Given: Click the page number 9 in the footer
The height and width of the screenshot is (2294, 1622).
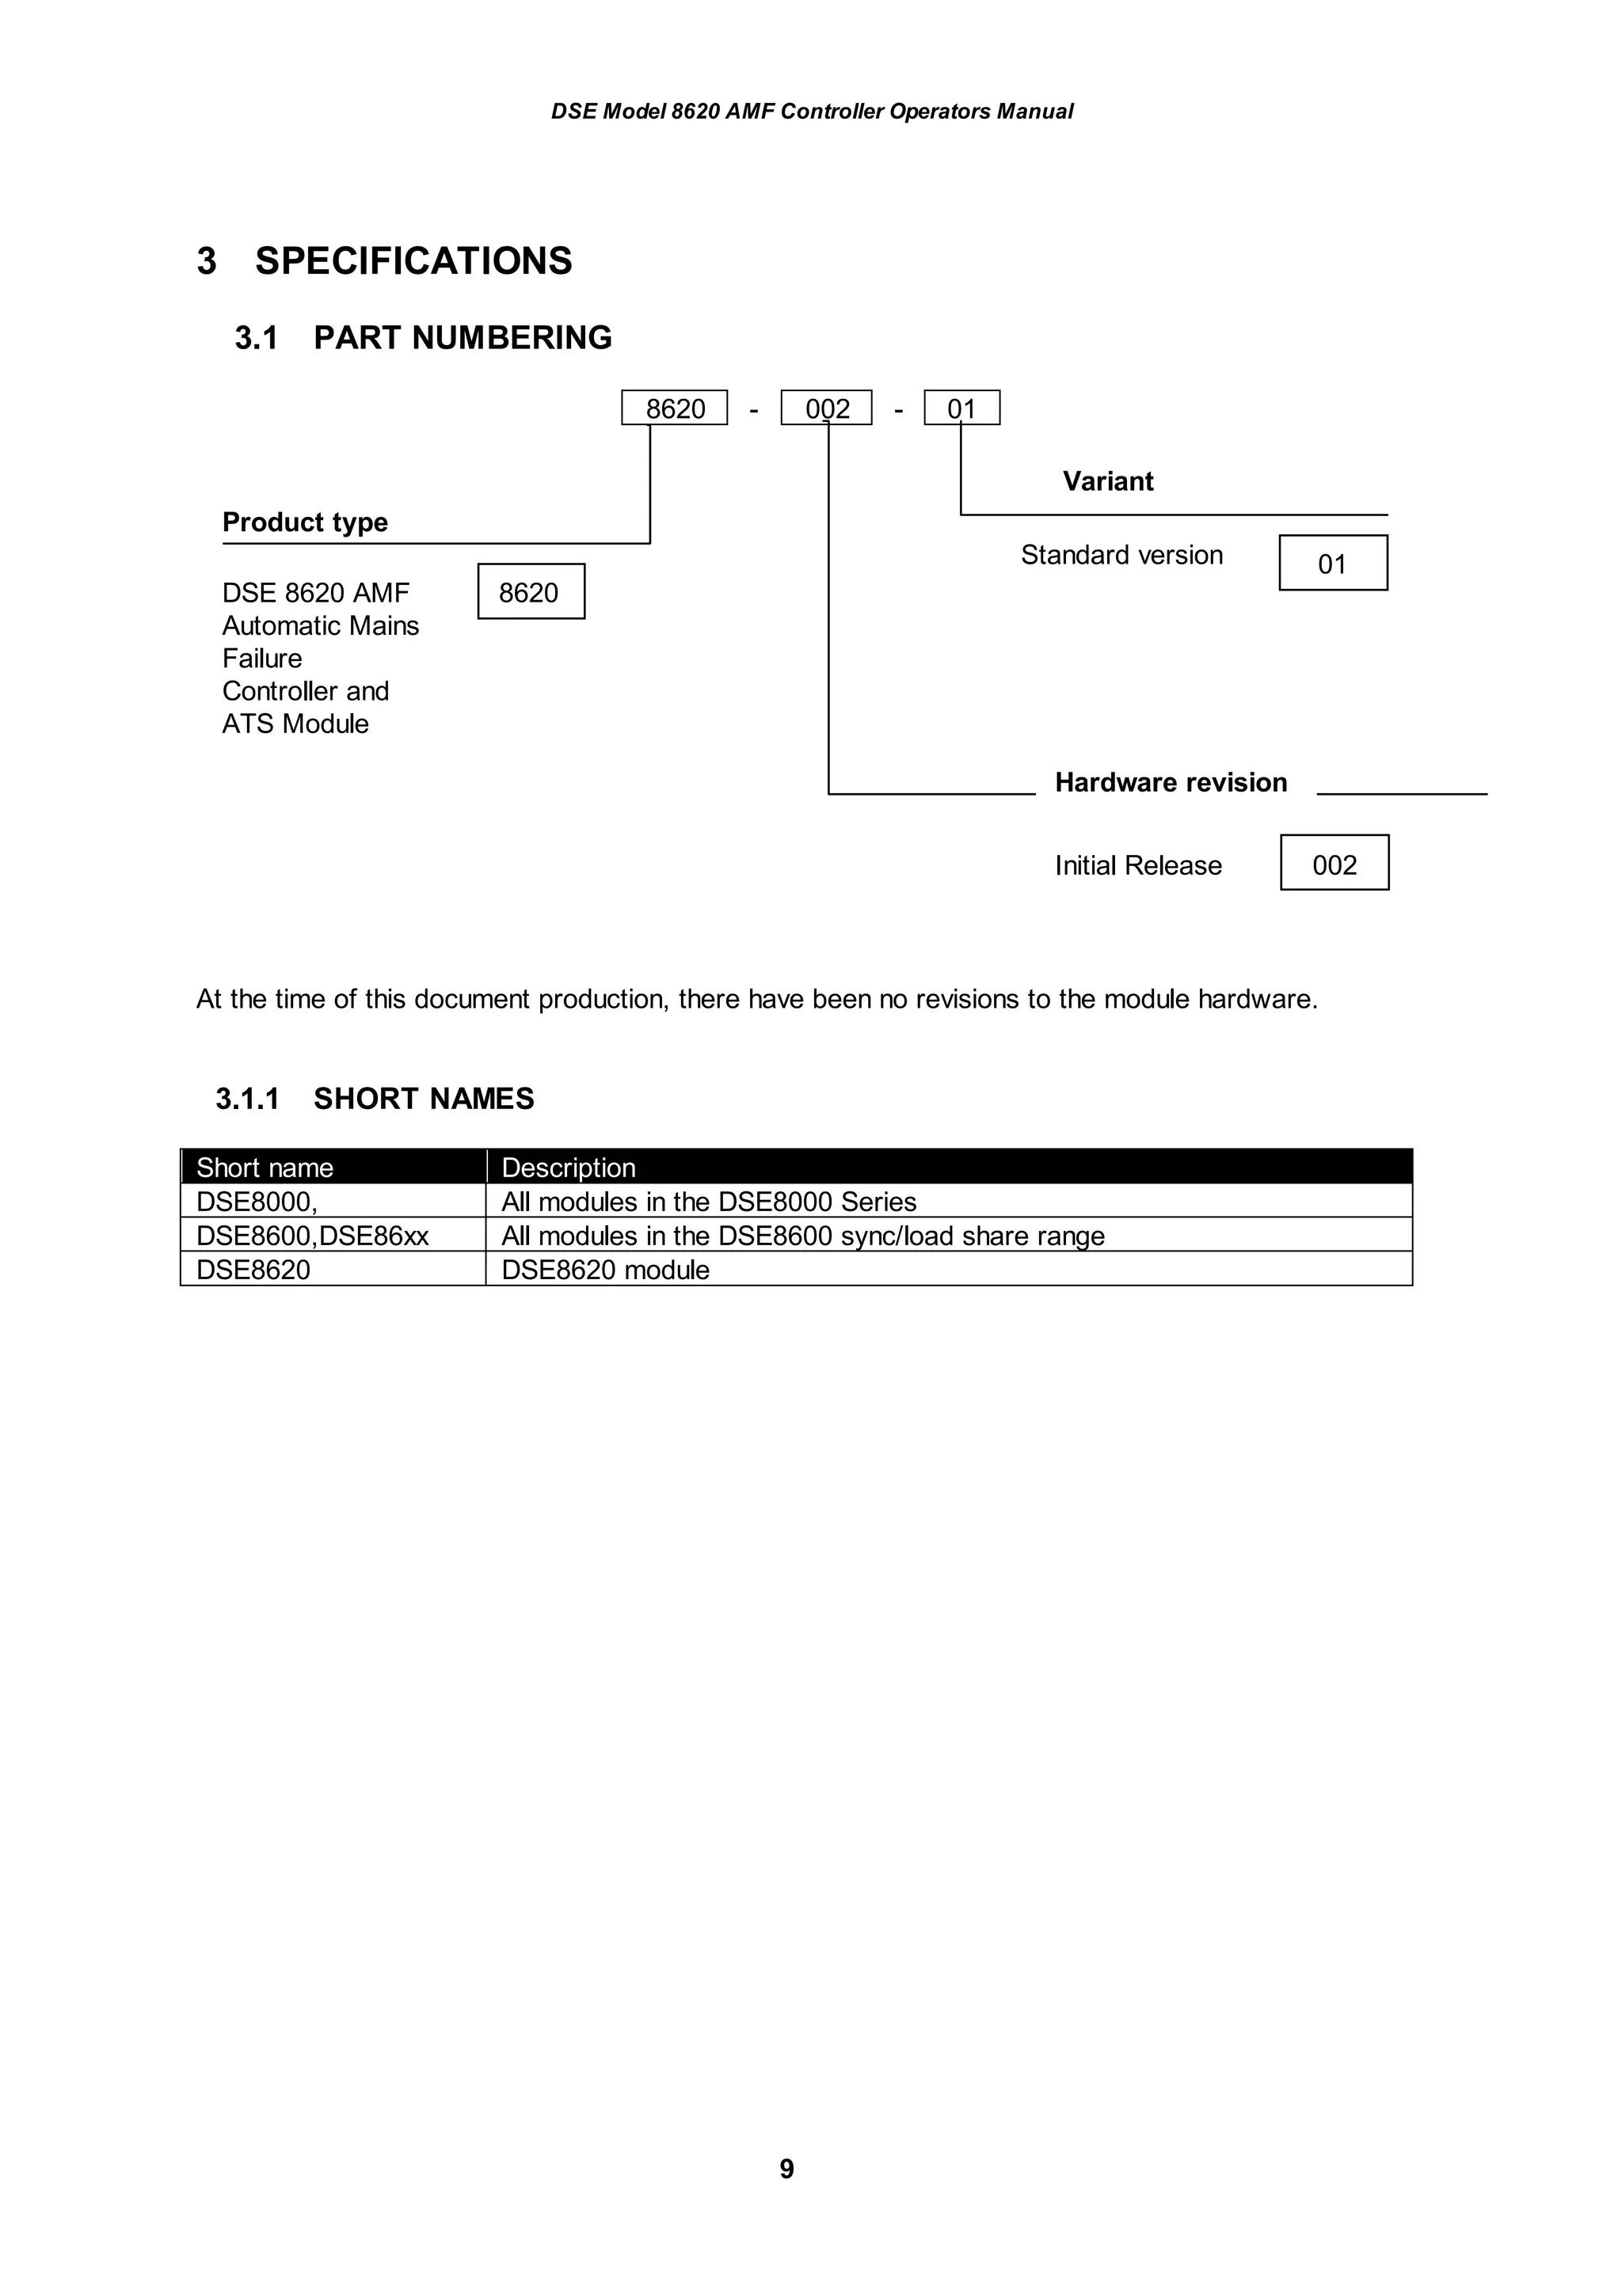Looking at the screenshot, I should click(786, 2168).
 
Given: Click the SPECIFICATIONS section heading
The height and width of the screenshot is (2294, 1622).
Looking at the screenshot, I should click(413, 260).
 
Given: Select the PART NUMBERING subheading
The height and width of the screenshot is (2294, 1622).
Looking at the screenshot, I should click(462, 338).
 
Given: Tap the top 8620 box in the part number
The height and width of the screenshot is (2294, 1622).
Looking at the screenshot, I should click(675, 408).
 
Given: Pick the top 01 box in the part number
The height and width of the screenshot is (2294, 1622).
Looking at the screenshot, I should click(961, 408).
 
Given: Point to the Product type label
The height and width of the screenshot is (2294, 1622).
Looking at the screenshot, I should click(305, 522).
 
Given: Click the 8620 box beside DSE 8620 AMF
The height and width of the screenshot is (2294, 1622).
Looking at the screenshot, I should click(531, 591).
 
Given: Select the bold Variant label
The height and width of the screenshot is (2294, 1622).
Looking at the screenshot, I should click(1107, 481).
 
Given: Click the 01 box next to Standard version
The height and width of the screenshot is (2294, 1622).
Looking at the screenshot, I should click(1332, 564).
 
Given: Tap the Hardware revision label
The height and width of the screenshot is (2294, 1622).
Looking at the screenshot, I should click(1171, 782).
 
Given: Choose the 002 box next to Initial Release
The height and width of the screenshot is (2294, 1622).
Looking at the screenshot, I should click(1335, 864).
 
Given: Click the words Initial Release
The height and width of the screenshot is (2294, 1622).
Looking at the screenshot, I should click(1137, 865).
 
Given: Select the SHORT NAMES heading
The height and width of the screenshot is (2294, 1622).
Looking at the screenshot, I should click(424, 1099).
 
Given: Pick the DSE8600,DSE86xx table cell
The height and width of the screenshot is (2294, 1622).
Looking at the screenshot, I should click(312, 1236).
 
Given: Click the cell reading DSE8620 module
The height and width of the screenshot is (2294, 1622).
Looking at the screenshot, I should click(606, 1270).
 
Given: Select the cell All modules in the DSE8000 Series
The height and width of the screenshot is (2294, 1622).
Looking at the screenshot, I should click(709, 1202).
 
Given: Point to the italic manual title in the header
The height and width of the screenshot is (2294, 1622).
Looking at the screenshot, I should click(812, 112).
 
